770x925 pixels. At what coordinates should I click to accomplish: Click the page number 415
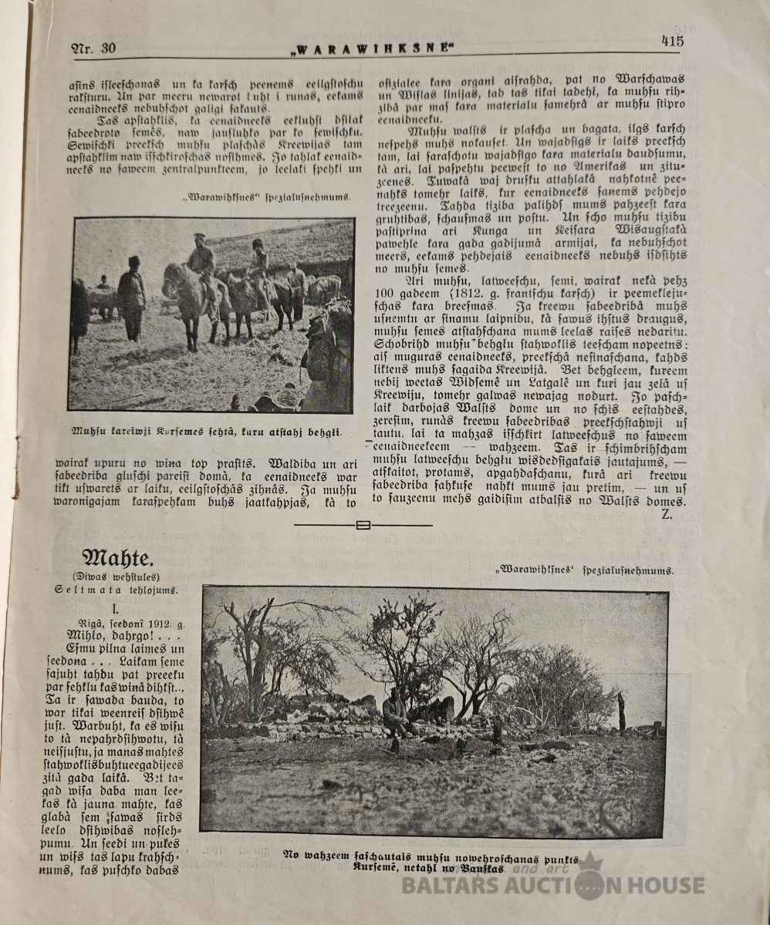click(x=671, y=41)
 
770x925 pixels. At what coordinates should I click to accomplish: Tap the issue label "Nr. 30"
click(x=94, y=48)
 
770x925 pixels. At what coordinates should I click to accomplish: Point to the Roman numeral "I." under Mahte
click(x=115, y=609)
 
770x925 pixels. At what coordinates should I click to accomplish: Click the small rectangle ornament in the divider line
click(x=363, y=526)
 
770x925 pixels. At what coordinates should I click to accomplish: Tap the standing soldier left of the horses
click(x=133, y=297)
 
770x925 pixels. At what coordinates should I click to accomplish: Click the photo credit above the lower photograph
click(x=584, y=571)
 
